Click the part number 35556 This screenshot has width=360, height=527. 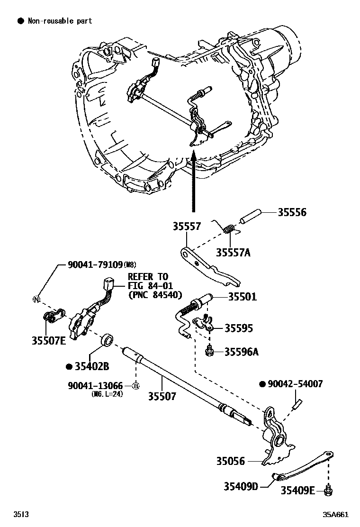(292, 212)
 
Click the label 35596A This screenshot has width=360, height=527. (242, 352)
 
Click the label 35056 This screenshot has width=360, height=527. (231, 461)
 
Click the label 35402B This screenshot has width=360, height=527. (92, 366)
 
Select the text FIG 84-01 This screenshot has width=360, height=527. (151, 285)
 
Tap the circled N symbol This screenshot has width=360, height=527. (36, 299)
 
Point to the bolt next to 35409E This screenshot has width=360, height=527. (327, 491)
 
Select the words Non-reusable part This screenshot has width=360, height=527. (59, 21)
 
